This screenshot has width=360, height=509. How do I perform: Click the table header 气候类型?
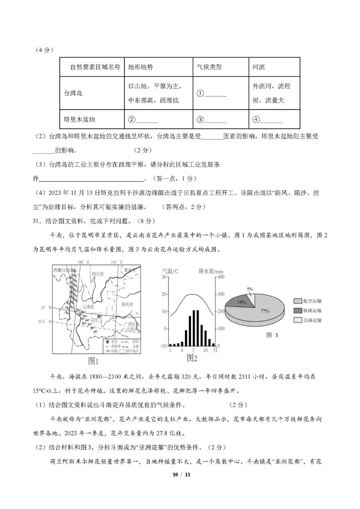[209, 67]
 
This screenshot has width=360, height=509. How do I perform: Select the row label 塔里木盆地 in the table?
[79, 119]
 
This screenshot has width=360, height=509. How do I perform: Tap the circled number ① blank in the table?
[211, 93]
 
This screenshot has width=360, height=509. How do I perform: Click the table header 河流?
[259, 67]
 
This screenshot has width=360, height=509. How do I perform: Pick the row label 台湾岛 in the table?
[73, 93]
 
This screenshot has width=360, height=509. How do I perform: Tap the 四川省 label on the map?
[98, 274]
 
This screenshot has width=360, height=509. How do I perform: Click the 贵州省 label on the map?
[127, 304]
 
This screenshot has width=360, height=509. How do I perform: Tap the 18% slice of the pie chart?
[241, 302]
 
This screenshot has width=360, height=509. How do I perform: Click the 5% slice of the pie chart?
[252, 299]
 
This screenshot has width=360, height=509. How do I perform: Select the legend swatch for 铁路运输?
[297, 311]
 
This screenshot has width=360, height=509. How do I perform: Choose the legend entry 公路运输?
[312, 320]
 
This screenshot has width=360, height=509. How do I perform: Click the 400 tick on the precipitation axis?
[221, 277]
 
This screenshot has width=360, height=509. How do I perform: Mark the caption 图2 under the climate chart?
[192, 358]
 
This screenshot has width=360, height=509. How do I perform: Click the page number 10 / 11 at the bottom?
[181, 474]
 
